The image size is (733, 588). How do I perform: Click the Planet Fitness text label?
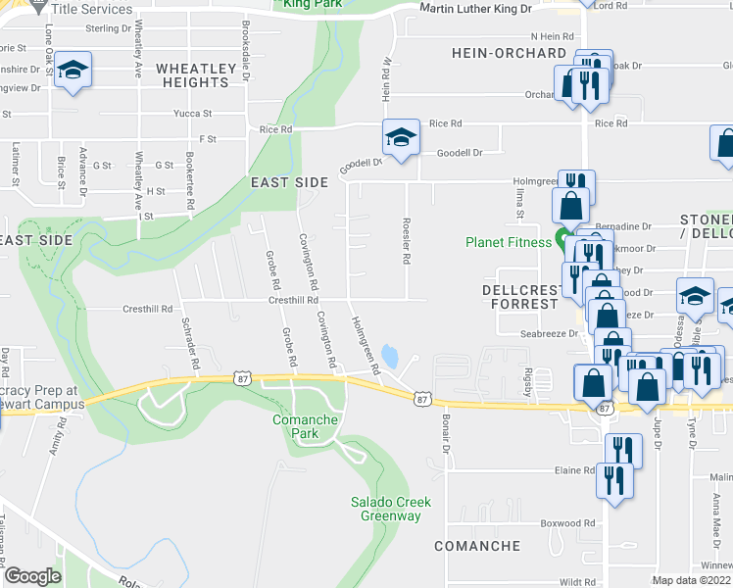pyautogui.click(x=508, y=242)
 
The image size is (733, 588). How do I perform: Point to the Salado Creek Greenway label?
pyautogui.click(x=391, y=509)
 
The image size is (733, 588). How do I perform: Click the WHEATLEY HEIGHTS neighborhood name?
pyautogui.click(x=196, y=75)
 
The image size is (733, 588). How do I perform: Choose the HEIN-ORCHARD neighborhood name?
pyautogui.click(x=509, y=53)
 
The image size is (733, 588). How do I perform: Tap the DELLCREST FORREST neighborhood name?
pyautogui.click(x=519, y=297)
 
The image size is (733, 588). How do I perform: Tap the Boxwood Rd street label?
pyautogui.click(x=575, y=523)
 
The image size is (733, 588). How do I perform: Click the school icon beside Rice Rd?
pyautogui.click(x=400, y=137)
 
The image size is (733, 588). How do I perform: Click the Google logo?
pyautogui.click(x=32, y=576)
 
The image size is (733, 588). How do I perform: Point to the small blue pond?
pyautogui.click(x=391, y=355)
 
